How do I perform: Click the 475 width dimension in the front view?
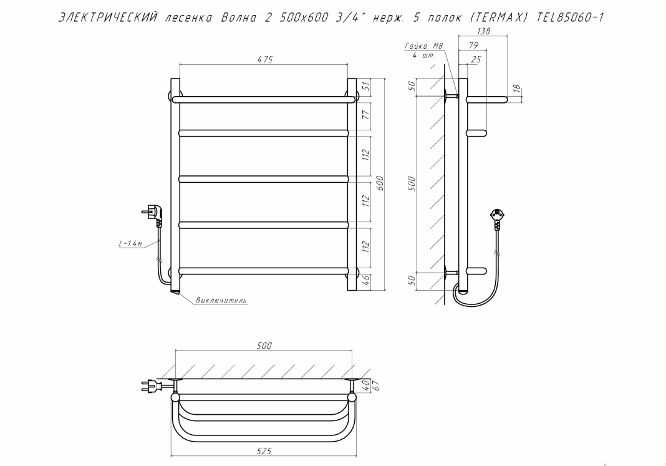coord(264,59)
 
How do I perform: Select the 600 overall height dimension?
coord(380,183)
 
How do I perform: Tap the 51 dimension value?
coord(367,87)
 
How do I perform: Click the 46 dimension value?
coord(367,280)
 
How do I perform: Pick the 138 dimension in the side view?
coord(483,31)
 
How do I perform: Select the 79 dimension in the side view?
coord(473,45)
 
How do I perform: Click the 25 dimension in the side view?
coord(476,59)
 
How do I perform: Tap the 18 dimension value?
coord(516,89)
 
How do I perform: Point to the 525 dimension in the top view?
coord(264,451)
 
